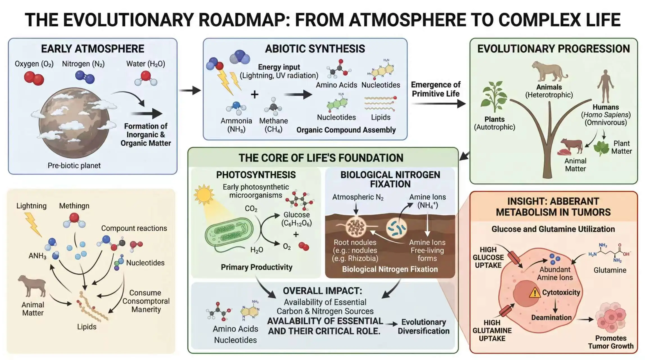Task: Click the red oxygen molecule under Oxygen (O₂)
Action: [x=34, y=78]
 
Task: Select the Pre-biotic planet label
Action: [x=74, y=165]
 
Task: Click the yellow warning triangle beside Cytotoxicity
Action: [x=535, y=292]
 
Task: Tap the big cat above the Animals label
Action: [x=549, y=72]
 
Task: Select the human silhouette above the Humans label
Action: [x=605, y=86]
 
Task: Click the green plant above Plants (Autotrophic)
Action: [x=494, y=97]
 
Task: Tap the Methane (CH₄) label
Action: [x=273, y=125]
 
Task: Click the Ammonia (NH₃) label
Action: [x=236, y=125]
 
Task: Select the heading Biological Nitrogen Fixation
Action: [x=390, y=179]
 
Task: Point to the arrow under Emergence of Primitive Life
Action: [x=438, y=104]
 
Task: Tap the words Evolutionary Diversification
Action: [x=423, y=326]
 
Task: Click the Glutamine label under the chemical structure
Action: [x=610, y=270]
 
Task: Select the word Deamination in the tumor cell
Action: [x=551, y=318]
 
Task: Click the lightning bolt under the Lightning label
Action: [x=33, y=224]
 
